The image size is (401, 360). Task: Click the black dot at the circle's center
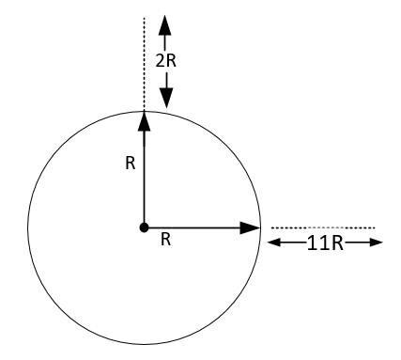click(x=143, y=227)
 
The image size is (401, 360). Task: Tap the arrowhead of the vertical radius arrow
click(x=143, y=119)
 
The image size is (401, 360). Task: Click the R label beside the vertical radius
click(x=131, y=163)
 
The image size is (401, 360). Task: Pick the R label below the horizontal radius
click(x=165, y=241)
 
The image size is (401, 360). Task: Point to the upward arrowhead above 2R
click(x=164, y=24)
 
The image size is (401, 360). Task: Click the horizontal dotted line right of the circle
click(x=324, y=227)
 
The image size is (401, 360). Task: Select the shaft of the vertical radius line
click(x=143, y=179)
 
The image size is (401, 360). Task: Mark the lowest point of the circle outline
click(x=143, y=343)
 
